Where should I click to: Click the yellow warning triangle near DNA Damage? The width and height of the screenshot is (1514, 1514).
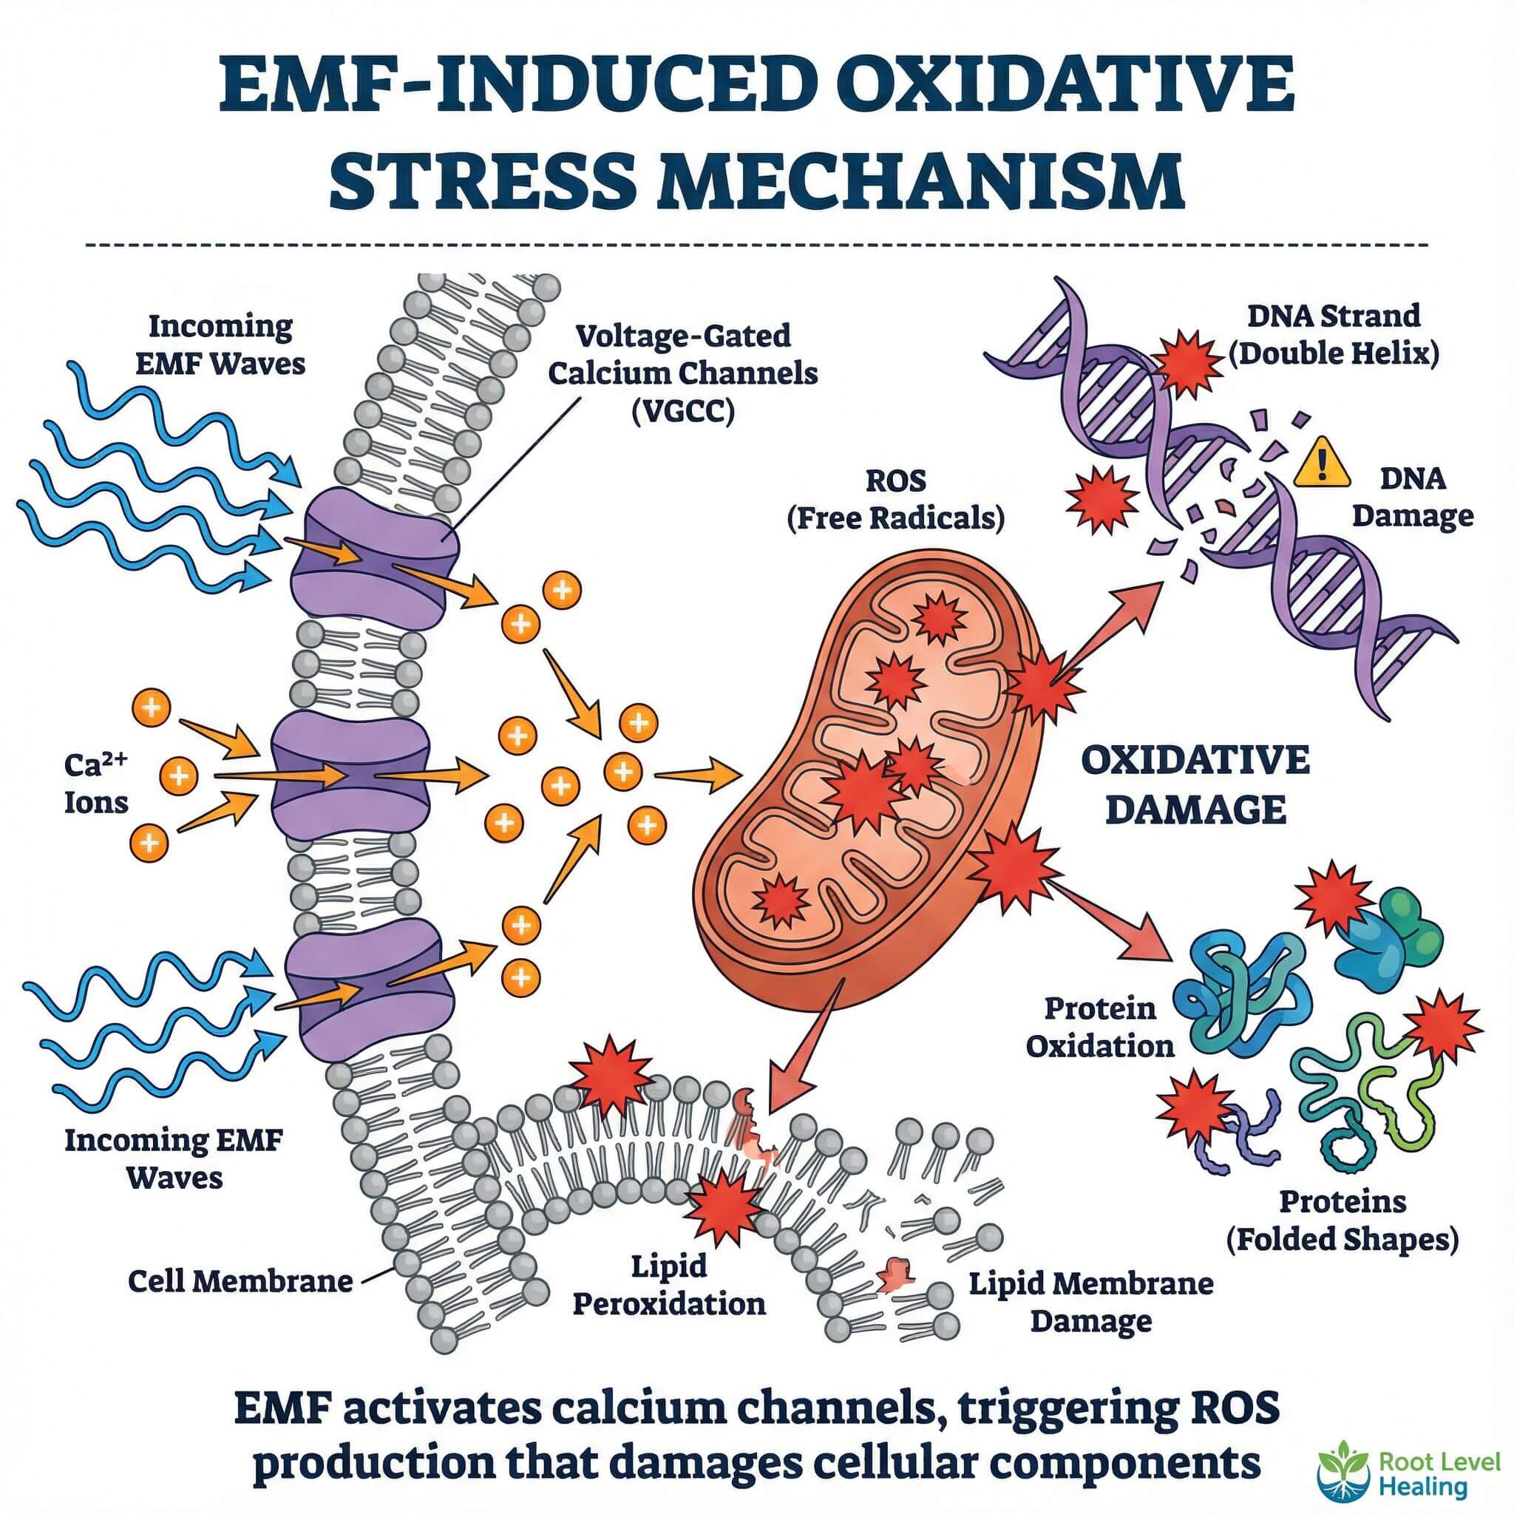1321,463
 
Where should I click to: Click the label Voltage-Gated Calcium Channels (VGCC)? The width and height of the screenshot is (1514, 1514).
682,374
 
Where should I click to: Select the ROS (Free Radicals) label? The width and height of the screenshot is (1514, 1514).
895,499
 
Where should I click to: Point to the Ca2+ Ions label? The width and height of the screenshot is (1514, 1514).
95,783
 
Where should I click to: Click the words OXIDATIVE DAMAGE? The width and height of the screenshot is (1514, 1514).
1195,784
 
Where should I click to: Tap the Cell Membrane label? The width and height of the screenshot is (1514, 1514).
240,1281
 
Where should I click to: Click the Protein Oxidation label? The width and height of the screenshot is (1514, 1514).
1099,1028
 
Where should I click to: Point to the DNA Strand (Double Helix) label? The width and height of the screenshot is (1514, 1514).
1333,335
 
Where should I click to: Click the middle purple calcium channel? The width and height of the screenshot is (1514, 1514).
350,775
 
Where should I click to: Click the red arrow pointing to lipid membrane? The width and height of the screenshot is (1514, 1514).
807,1042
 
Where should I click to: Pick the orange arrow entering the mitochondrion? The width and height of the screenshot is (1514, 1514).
697,775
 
